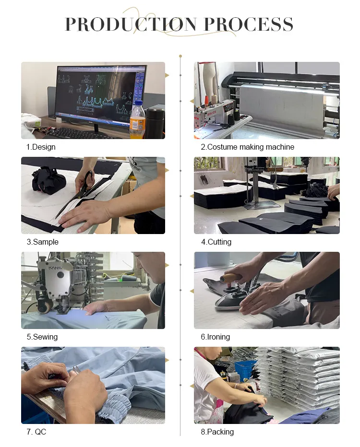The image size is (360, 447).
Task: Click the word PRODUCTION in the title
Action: tap(131, 24)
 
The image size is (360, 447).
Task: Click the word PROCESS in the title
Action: tap(249, 24)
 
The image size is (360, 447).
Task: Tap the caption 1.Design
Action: tap(41, 147)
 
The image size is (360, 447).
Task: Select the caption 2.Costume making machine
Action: tap(247, 147)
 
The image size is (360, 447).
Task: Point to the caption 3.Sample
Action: tap(43, 242)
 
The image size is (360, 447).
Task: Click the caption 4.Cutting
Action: tap(216, 242)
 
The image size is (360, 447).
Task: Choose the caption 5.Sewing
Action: tap(42, 337)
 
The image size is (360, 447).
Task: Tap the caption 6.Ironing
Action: tap(216, 337)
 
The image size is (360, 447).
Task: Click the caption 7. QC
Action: tap(36, 432)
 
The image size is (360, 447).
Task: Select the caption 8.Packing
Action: tap(217, 432)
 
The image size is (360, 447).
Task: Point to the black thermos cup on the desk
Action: tap(155, 123)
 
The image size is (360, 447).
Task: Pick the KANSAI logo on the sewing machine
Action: tap(56, 268)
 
